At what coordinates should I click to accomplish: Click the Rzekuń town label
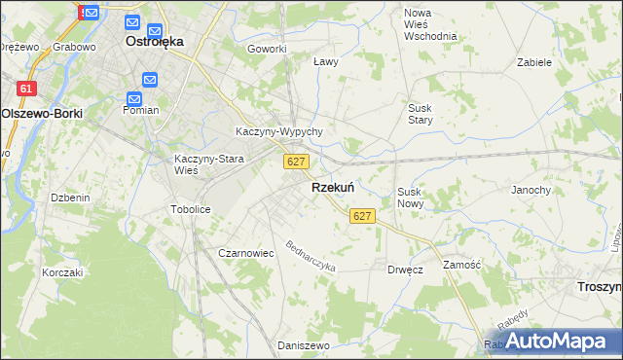[x=332, y=187]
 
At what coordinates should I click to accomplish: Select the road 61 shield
[x=26, y=89]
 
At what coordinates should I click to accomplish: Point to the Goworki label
[x=267, y=49]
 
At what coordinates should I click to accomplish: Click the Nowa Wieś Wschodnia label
[x=429, y=23]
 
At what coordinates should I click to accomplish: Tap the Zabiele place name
[x=534, y=61]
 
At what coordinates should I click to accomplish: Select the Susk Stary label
[x=421, y=114]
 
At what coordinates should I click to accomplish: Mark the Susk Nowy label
[x=409, y=198]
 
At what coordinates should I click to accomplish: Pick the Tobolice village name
[x=190, y=209]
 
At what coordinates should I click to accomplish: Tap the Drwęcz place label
[x=404, y=269]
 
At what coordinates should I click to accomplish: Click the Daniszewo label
[x=299, y=345]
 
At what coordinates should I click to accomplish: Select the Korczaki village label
[x=62, y=272]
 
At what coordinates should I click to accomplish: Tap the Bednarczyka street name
[x=311, y=256]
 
